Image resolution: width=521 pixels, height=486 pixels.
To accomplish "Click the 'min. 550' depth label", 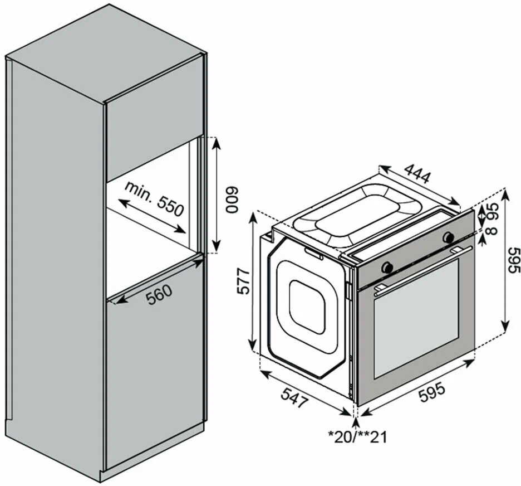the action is (x=154, y=198).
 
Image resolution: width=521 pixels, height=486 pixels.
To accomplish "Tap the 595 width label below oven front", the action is (x=431, y=393).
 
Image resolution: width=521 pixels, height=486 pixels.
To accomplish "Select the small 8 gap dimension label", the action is (x=491, y=230).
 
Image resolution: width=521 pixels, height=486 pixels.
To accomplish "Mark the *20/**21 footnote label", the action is (x=357, y=437).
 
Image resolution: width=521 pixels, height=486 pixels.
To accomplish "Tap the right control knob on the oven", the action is (x=448, y=236).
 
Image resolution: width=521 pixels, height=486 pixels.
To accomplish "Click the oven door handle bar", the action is (x=423, y=270).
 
